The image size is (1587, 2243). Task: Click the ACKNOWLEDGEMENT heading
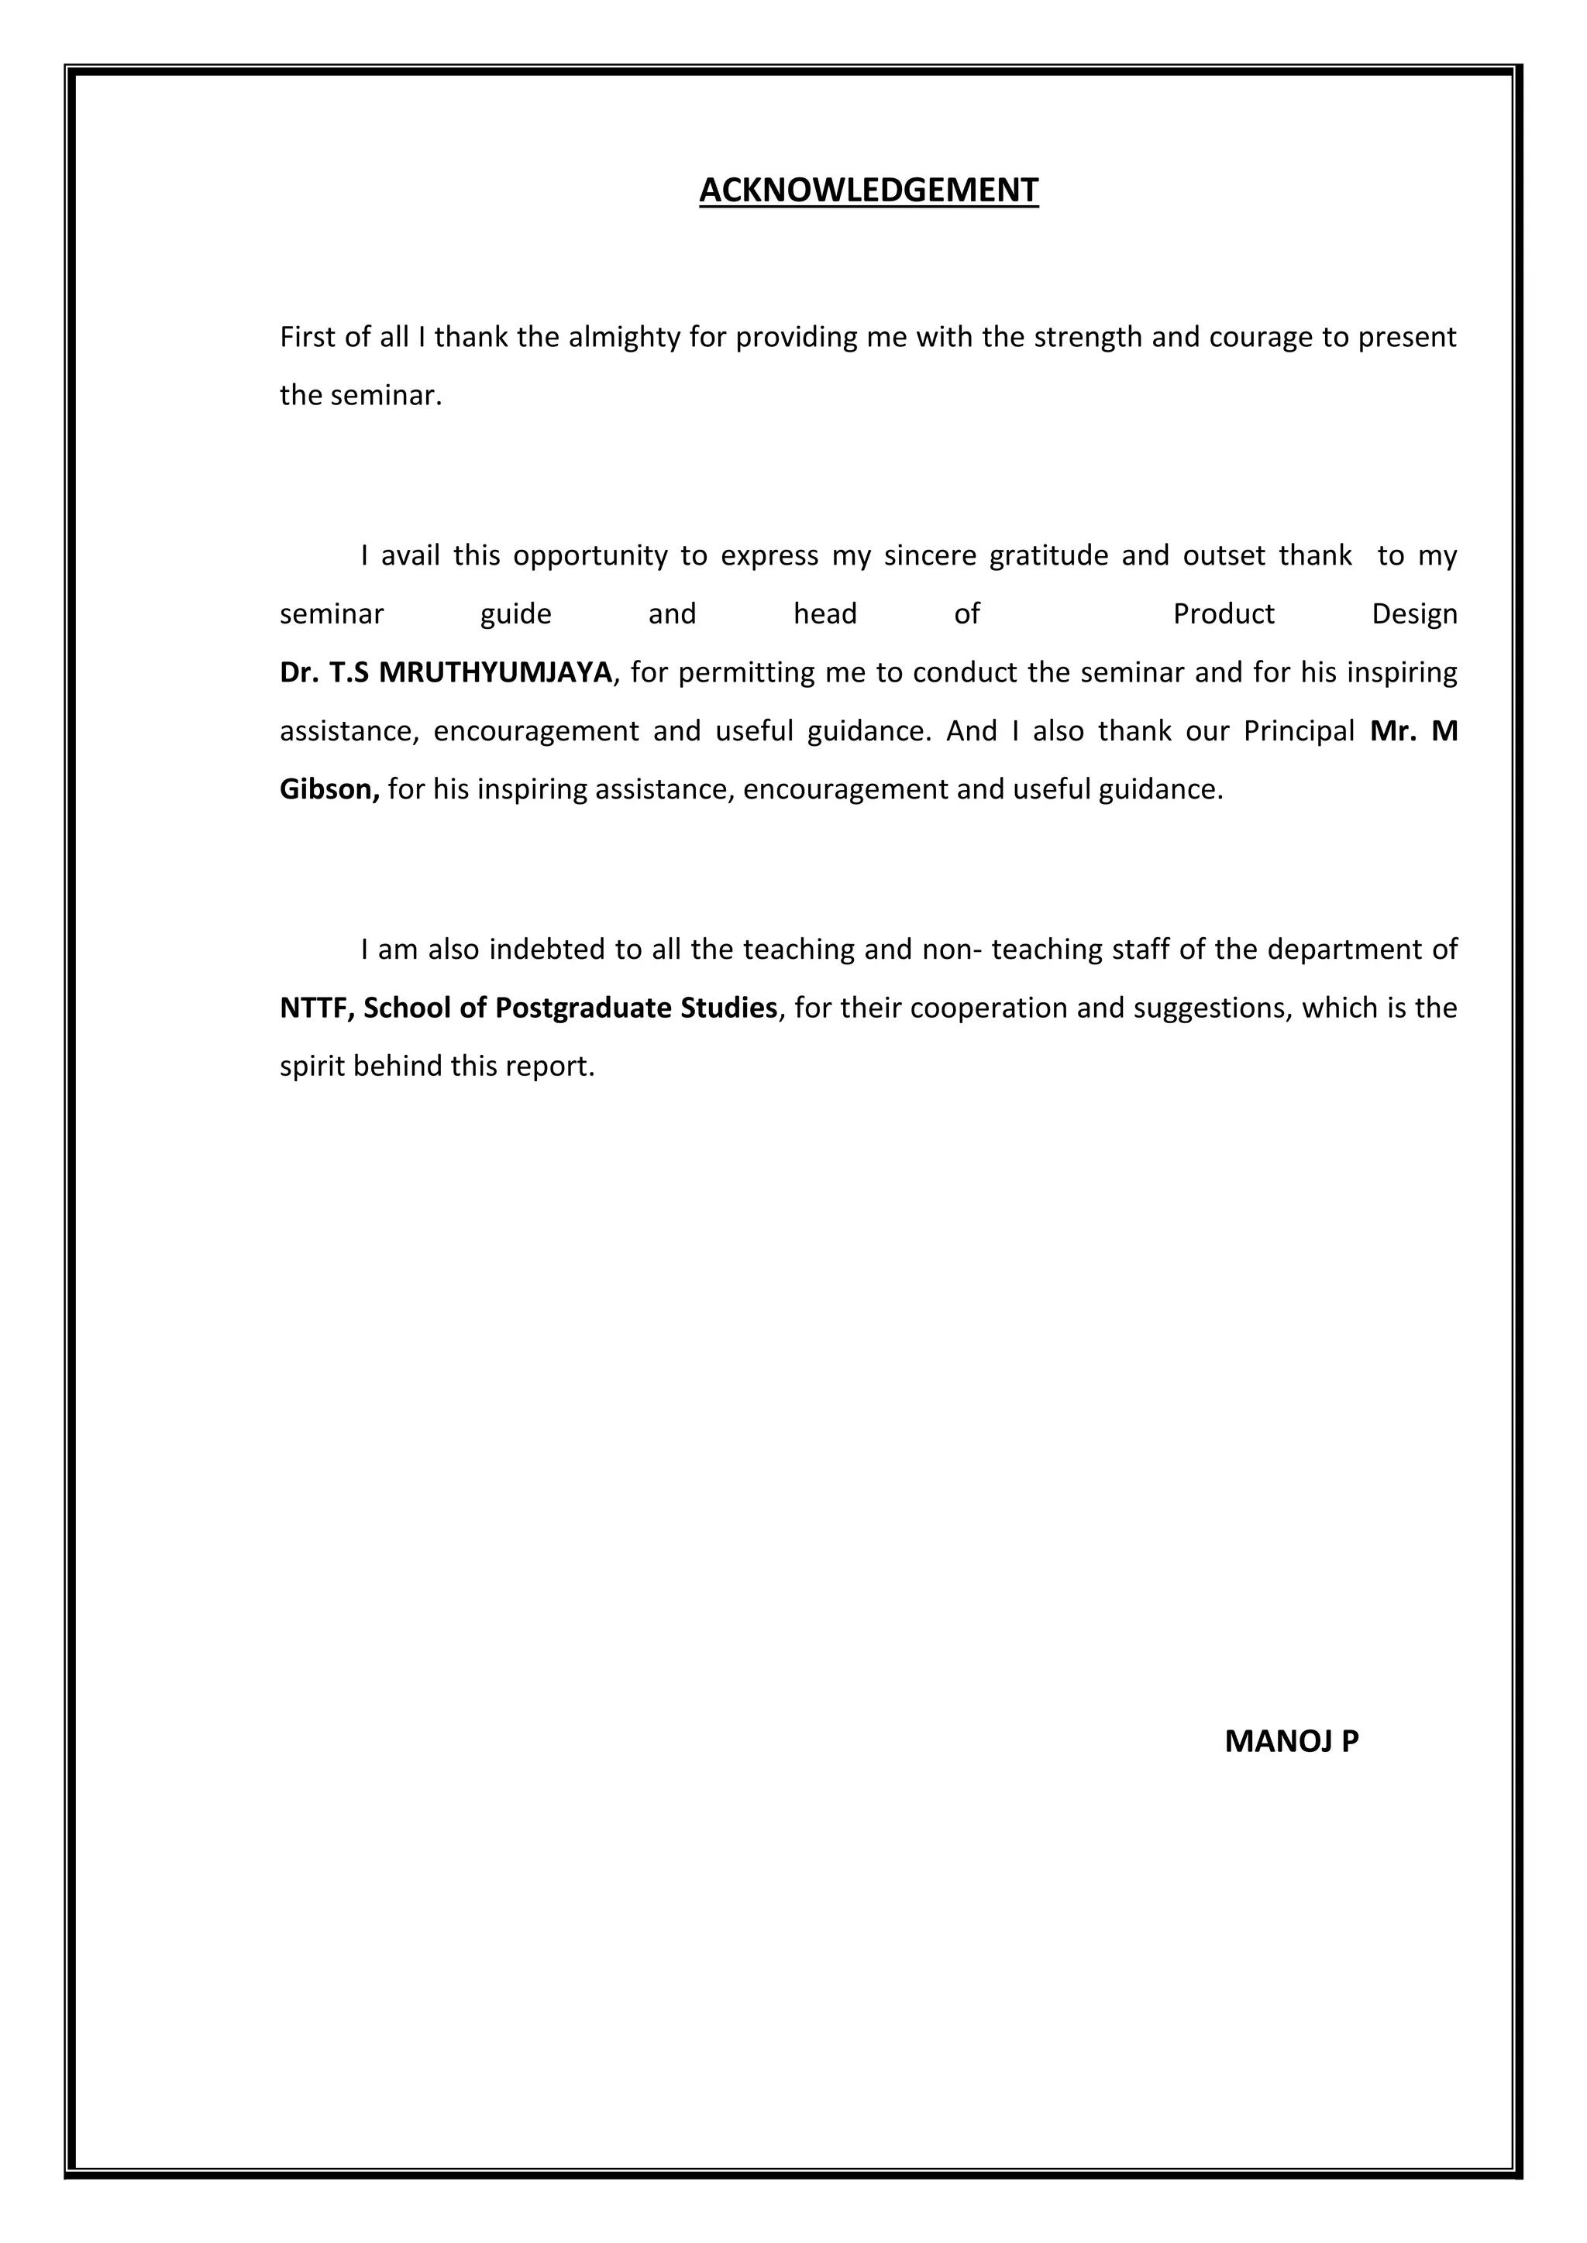coord(868,190)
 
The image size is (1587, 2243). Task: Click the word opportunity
coord(589,557)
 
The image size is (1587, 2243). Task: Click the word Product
coord(1224,614)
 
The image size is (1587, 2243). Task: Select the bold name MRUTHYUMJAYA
coord(494,672)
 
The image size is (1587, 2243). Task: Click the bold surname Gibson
coord(329,789)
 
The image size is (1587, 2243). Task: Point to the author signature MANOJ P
coord(1291,1742)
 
